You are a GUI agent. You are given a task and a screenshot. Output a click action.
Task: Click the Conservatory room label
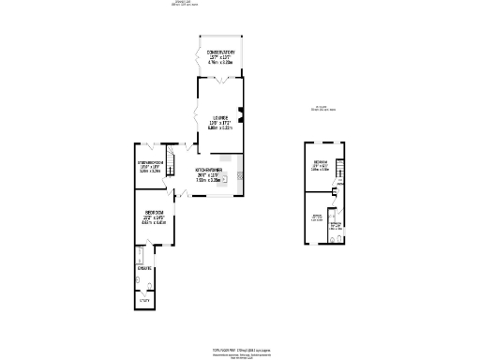coord(220,51)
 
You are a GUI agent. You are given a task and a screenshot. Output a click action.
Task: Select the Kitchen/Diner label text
coord(208,172)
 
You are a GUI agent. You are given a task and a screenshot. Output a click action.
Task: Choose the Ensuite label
coord(144,270)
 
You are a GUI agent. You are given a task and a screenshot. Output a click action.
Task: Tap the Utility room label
coord(144,300)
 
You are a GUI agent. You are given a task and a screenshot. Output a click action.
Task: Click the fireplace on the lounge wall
coord(242,117)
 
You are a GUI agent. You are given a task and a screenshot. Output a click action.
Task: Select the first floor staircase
coord(341,172)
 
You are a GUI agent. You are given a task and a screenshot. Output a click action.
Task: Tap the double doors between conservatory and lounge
coord(220,81)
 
